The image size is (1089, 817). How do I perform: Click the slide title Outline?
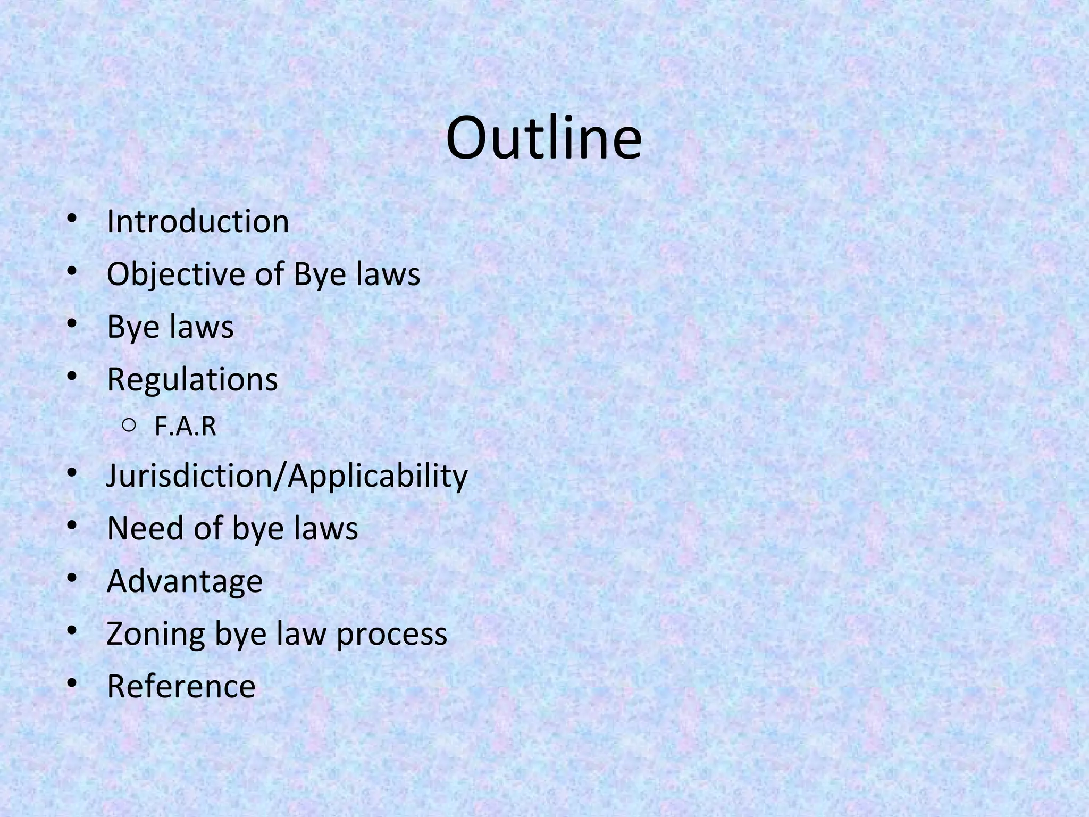tap(544, 139)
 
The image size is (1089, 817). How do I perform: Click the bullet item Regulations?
tap(192, 379)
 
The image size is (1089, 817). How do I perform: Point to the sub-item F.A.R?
tap(185, 426)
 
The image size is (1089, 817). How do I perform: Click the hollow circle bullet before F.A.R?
tap(128, 425)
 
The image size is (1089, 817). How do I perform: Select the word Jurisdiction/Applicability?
tap(287, 475)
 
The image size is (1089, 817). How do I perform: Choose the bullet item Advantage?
tap(185, 581)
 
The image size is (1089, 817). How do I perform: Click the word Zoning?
tap(155, 633)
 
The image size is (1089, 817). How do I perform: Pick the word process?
tap(391, 635)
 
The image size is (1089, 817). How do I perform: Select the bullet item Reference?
tap(181, 686)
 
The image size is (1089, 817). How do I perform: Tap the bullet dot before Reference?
tap(72, 683)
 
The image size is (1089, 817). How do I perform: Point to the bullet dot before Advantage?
tap(72, 578)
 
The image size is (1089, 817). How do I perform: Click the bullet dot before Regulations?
tap(72, 377)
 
